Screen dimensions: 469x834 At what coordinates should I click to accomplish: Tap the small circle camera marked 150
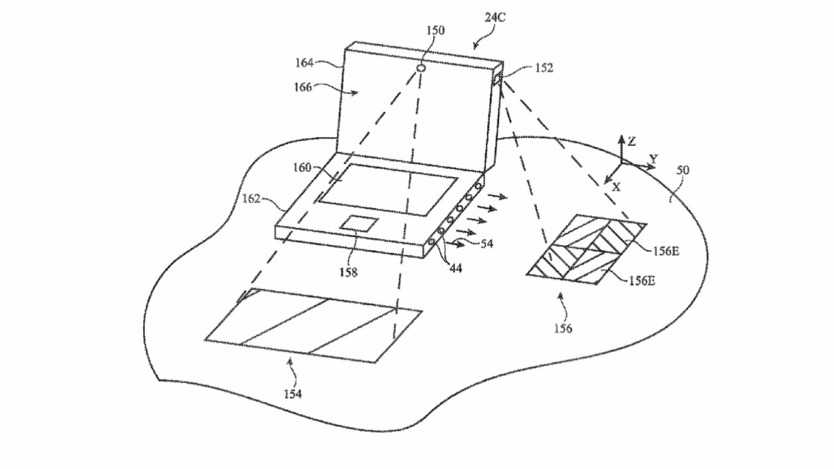pyautogui.click(x=421, y=68)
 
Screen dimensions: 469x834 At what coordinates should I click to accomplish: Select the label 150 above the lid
pyautogui.click(x=435, y=31)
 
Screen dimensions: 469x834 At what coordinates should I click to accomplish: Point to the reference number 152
pyautogui.click(x=544, y=68)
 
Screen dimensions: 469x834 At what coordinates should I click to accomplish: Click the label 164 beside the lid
pyautogui.click(x=304, y=63)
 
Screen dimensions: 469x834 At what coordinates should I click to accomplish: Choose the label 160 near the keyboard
pyautogui.click(x=302, y=168)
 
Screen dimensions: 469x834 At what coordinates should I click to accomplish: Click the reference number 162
pyautogui.click(x=252, y=199)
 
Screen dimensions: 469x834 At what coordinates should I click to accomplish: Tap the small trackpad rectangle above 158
pyautogui.click(x=358, y=223)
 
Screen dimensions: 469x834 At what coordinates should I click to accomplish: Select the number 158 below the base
pyautogui.click(x=348, y=272)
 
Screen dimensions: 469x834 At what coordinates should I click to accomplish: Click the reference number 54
pyautogui.click(x=486, y=243)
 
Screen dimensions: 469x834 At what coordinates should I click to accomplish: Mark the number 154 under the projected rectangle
pyautogui.click(x=292, y=394)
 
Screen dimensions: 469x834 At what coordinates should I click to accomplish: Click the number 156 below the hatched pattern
pyautogui.click(x=563, y=328)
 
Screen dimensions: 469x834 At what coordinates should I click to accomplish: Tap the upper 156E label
pyautogui.click(x=666, y=251)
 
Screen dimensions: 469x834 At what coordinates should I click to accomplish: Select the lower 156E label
pyautogui.click(x=641, y=281)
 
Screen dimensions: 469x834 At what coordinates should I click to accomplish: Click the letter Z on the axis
pyautogui.click(x=632, y=141)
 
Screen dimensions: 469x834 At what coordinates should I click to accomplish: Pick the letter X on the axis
pyautogui.click(x=617, y=187)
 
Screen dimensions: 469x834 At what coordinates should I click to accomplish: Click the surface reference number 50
pyautogui.click(x=682, y=170)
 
